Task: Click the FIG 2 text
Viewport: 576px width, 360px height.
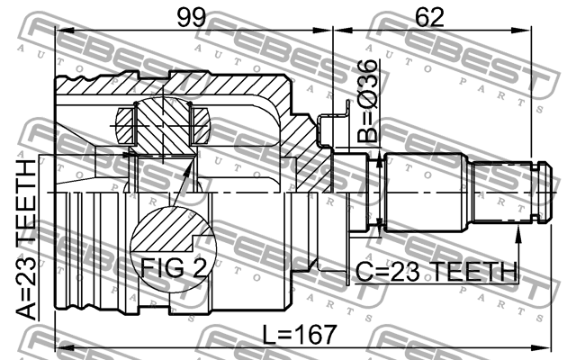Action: click(172, 266)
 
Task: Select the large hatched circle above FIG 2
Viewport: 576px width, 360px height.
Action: click(173, 233)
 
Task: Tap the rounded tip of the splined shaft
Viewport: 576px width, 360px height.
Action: click(543, 191)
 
